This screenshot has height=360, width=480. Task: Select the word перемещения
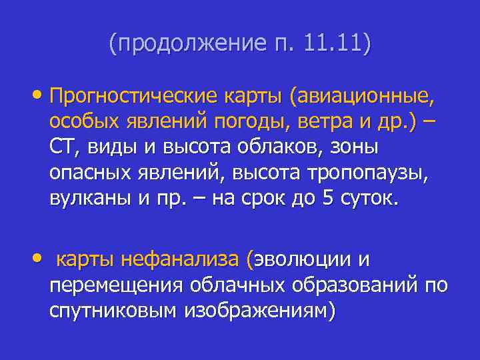tap(116, 285)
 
